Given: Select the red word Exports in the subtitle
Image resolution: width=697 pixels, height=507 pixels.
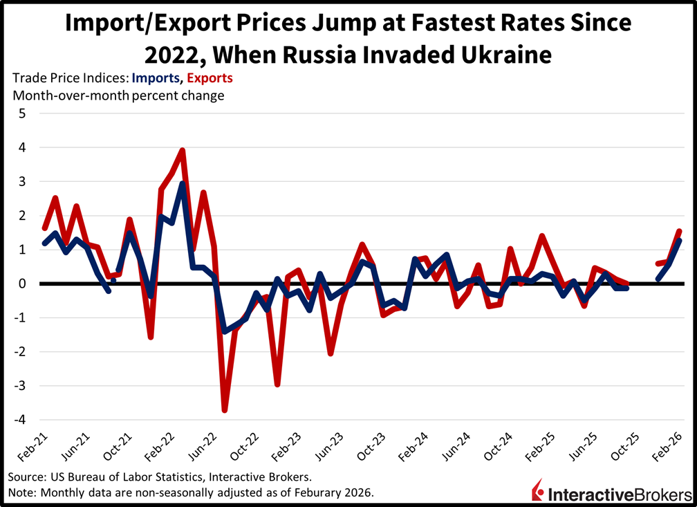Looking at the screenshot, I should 208,78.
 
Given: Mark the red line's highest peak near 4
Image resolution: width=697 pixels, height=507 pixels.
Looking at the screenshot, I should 183,150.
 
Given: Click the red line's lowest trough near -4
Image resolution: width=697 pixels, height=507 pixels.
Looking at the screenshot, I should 225,409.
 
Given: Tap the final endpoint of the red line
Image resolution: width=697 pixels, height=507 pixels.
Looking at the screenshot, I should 679,232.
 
